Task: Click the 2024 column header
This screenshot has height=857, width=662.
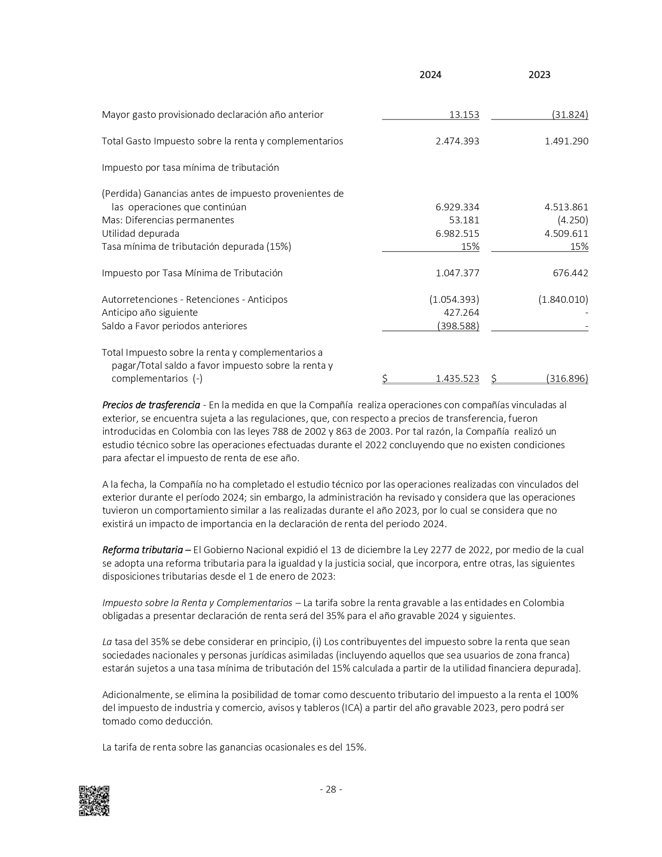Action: coord(430,75)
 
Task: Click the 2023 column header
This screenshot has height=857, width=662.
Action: coord(539,75)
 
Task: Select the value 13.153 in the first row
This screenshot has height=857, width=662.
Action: coord(464,115)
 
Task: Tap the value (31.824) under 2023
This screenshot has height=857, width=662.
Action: coord(570,115)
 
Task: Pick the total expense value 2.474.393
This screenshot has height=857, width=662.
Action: coord(457,141)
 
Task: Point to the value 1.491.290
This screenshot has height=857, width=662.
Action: coord(566,141)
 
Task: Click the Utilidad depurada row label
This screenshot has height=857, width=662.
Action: coord(140,234)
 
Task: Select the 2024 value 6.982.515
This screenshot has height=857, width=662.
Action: coord(457,234)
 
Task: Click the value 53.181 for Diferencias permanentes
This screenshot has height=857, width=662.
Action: coord(464,220)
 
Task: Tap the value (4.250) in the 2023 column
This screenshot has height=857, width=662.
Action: coord(573,220)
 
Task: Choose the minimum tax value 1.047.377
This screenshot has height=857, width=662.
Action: coord(457,273)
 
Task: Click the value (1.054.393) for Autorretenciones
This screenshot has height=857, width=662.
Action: coord(454,300)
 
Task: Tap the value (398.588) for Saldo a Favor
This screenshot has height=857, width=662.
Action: coord(458,326)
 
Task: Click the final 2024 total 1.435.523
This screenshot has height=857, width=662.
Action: coord(457,379)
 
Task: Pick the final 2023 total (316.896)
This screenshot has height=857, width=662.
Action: coord(567,379)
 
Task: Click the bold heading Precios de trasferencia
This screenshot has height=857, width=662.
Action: coord(151,405)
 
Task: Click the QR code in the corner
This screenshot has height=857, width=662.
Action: coord(94,800)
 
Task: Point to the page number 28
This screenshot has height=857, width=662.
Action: coord(331,789)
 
